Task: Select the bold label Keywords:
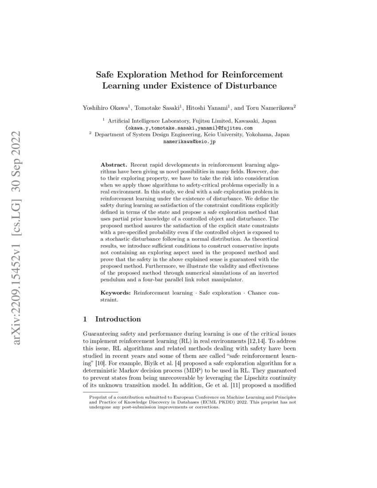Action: [116, 293]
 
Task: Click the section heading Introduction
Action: [118, 319]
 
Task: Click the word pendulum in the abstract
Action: [114, 280]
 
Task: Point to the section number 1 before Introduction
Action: [85, 319]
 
